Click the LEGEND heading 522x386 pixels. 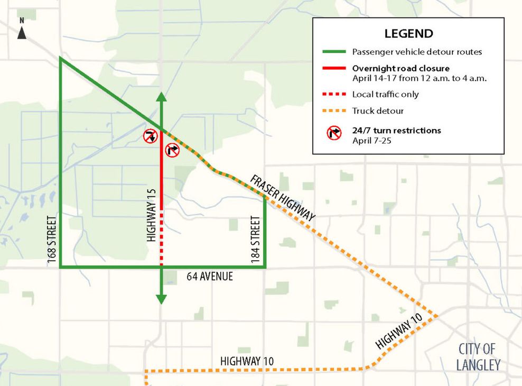click(408, 33)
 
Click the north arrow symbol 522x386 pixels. click(22, 30)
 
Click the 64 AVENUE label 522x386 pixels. click(209, 277)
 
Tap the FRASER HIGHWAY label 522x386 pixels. click(283, 197)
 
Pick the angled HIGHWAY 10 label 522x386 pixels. click(400, 330)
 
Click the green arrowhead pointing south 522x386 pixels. click(161, 299)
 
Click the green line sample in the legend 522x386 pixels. click(333, 52)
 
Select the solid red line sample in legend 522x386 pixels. click(333, 69)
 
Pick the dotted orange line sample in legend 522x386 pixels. click(333, 111)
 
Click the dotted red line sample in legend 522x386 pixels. click(333, 94)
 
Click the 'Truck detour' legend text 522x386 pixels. click(378, 111)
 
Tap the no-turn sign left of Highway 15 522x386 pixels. click(150, 136)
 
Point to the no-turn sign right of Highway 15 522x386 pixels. click(173, 150)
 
